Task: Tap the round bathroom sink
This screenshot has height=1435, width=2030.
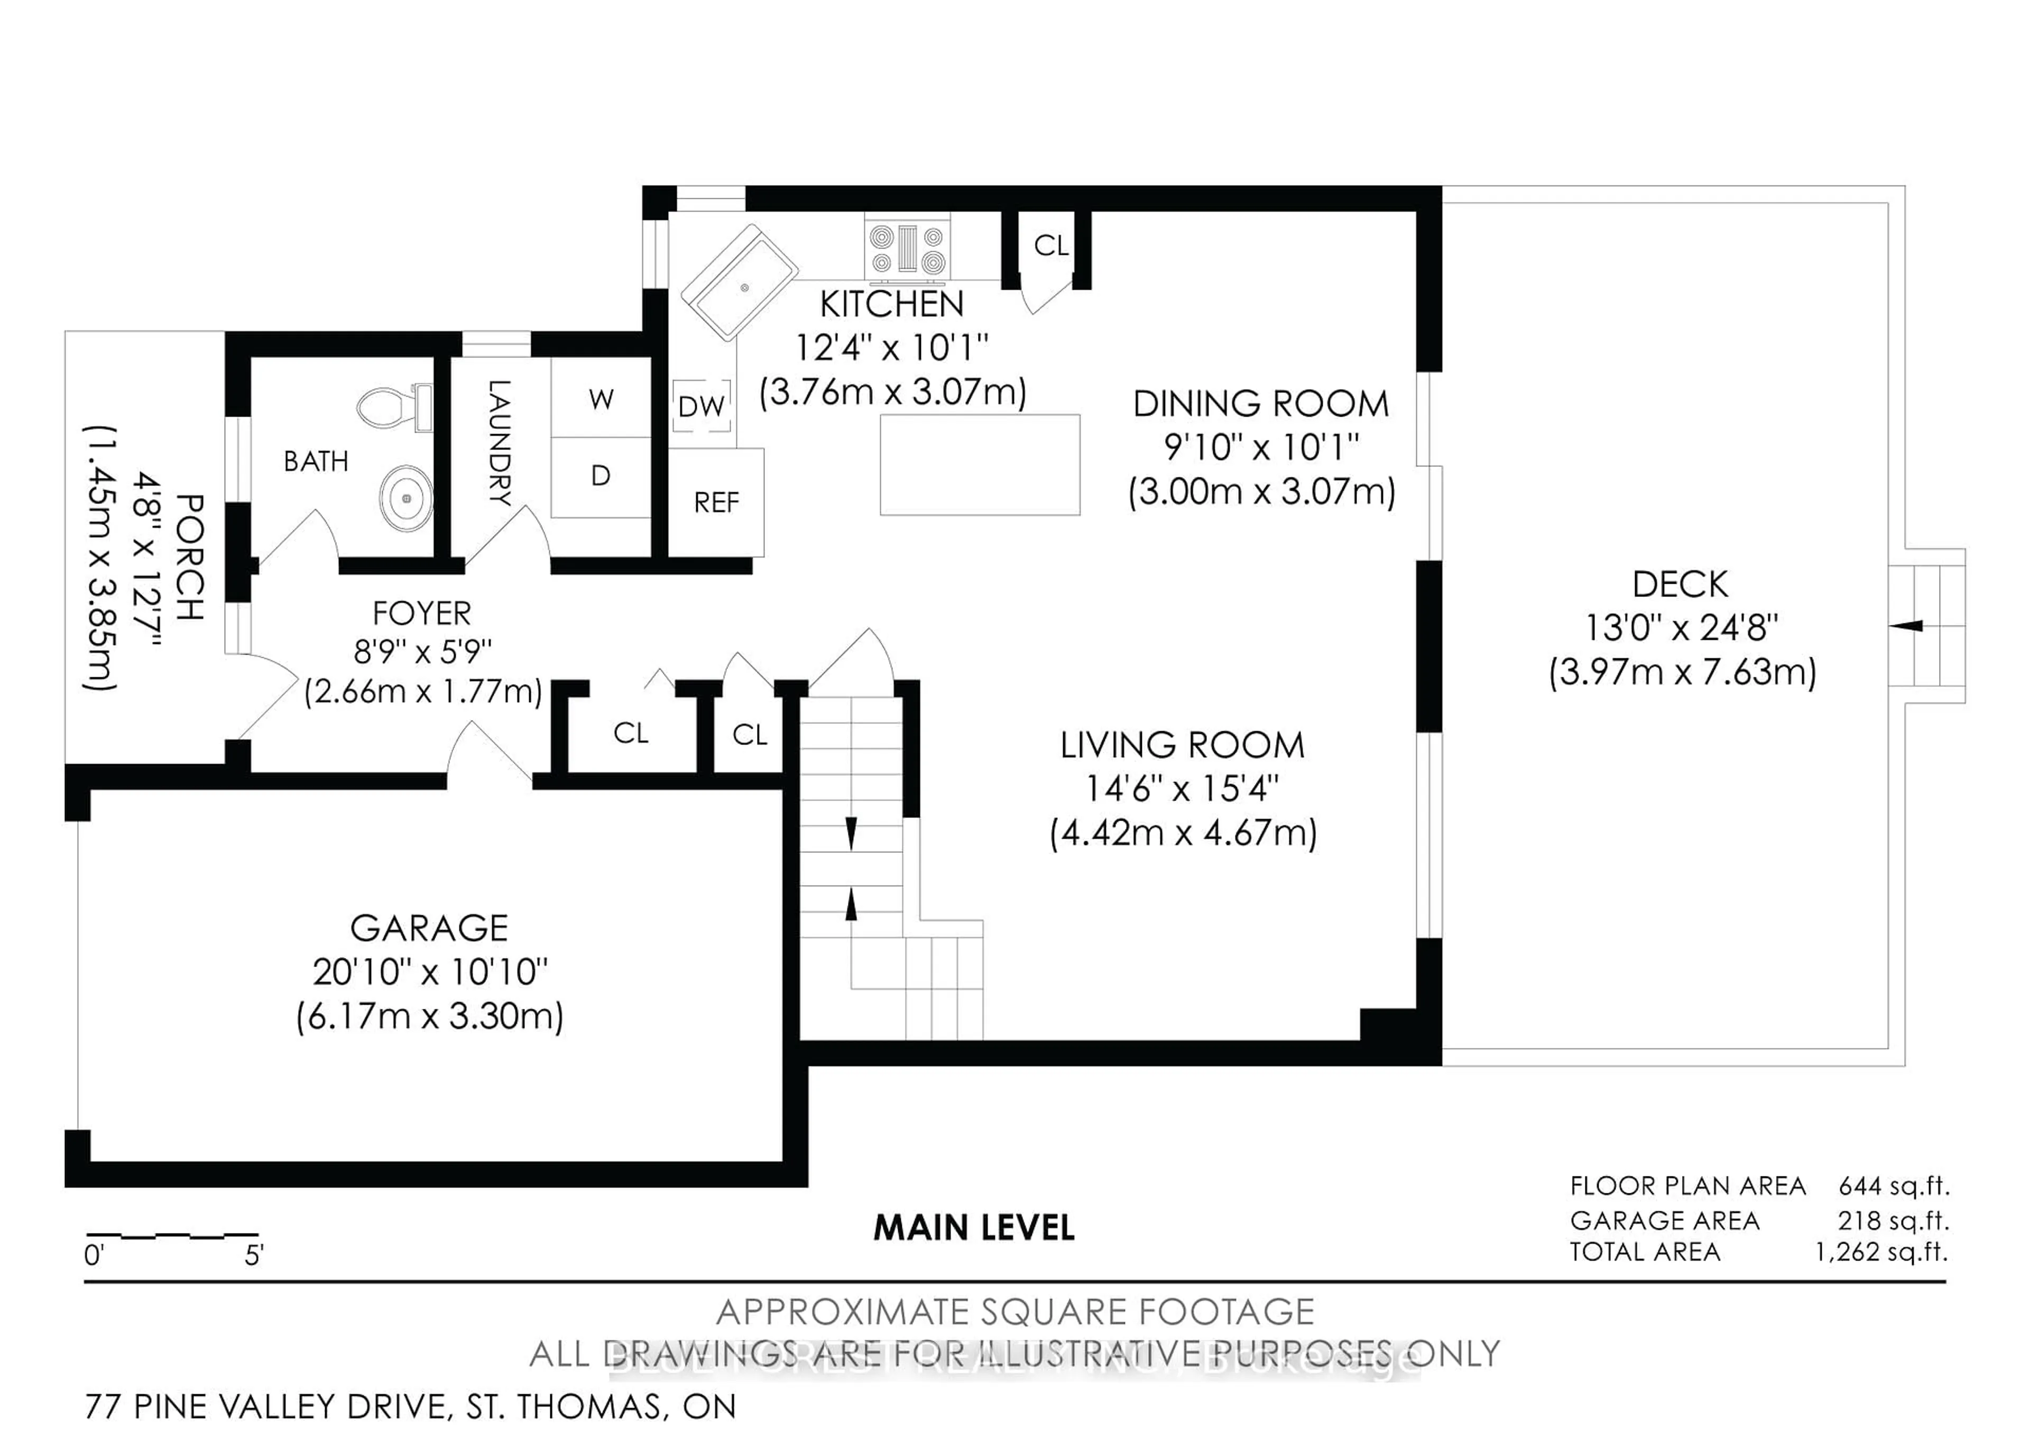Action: pyautogui.click(x=407, y=499)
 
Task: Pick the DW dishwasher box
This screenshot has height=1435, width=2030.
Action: pyautogui.click(x=701, y=407)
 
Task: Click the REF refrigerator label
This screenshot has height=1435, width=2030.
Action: pyautogui.click(x=716, y=503)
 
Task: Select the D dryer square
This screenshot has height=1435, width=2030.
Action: pyautogui.click(x=601, y=476)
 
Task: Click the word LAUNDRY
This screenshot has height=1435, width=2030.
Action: pyautogui.click(x=500, y=442)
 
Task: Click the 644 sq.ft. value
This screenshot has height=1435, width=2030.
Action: pyautogui.click(x=1894, y=1185)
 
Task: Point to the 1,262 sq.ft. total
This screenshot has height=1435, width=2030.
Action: pyautogui.click(x=1881, y=1252)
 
